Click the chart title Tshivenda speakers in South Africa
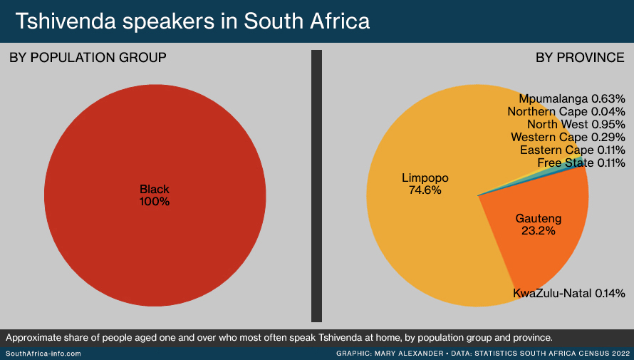pos(192,21)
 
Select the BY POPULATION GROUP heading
pos(88,58)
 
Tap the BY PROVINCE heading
pos(580,58)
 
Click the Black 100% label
pos(155,195)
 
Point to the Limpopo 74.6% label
pos(425,184)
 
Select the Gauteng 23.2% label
pos(538,225)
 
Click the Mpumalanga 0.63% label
pos(572,98)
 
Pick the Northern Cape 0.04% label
pos(566,111)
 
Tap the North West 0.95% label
pos(576,124)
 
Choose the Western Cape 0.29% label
pos(568,137)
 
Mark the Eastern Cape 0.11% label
pos(573,150)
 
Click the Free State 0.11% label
pos(581,163)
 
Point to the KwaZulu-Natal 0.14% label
pos(569,293)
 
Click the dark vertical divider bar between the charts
pos(316,186)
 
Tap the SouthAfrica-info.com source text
pos(43,354)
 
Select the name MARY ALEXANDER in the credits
pos(409,354)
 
